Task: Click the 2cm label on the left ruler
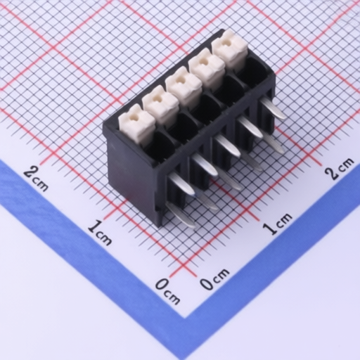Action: tap(36, 179)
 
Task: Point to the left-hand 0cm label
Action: tap(167, 291)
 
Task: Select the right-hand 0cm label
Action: tap(214, 279)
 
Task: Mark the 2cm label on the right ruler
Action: tap(340, 168)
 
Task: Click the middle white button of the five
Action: tap(184, 86)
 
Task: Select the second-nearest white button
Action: tap(160, 105)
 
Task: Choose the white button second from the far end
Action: tap(207, 68)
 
